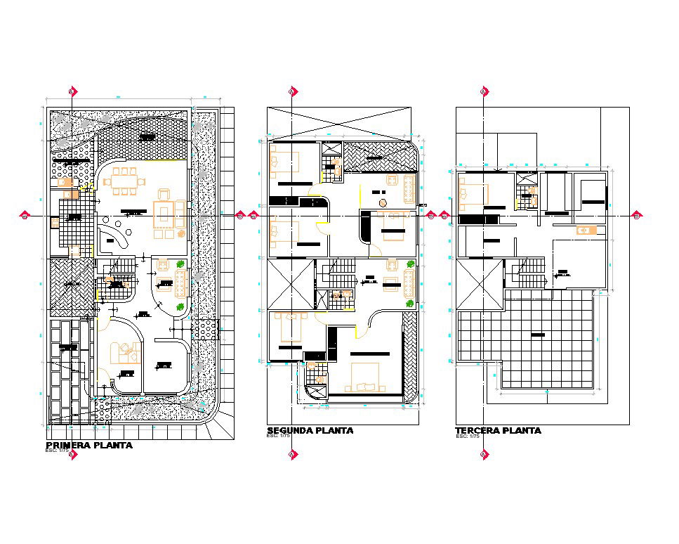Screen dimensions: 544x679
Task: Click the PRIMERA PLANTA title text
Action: [x=88, y=446]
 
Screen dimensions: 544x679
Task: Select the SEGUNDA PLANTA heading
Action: [x=310, y=430]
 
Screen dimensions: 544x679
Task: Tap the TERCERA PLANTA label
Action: [x=498, y=430]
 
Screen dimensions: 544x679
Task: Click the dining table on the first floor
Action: [x=124, y=181]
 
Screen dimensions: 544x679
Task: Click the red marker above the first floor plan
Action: [x=72, y=91]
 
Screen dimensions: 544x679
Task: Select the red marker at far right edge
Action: [x=636, y=216]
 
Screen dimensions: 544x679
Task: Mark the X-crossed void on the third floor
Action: [x=480, y=283]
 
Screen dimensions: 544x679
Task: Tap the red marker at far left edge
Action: [x=25, y=216]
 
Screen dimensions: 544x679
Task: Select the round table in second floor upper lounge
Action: [x=383, y=202]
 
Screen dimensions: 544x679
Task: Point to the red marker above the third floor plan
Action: [x=484, y=91]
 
